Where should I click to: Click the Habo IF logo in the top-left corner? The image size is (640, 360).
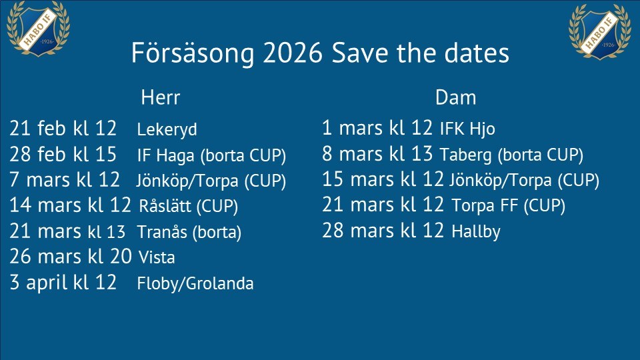tap(39, 28)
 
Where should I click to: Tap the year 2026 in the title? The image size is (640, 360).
tap(292, 53)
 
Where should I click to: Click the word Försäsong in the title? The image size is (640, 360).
tap(193, 53)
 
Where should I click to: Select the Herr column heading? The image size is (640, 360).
tap(161, 97)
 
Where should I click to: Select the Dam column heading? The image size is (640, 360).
tap(455, 97)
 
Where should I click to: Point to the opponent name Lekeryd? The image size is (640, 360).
tap(167, 130)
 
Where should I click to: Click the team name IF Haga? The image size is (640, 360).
tap(166, 155)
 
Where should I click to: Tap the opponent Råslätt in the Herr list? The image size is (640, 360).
tap(165, 206)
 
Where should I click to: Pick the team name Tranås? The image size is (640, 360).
tap(162, 232)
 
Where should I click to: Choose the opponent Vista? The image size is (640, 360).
tap(157, 257)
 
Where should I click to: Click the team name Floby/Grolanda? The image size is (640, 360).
tap(195, 283)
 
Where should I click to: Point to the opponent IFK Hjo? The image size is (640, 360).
tap(467, 129)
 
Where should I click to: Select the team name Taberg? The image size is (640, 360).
tap(466, 155)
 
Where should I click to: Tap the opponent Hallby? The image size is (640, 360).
tap(476, 231)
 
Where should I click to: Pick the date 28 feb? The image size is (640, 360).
tap(37, 154)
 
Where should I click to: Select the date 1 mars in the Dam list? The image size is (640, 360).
tap(353, 128)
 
